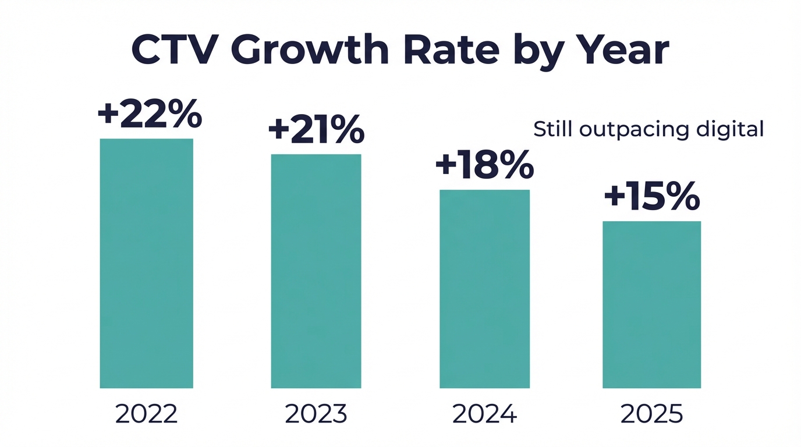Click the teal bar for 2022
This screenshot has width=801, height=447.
coord(146,263)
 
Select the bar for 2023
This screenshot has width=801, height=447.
coord(316,271)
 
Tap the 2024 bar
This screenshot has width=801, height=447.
coord(484,289)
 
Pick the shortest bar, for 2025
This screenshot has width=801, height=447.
coord(651,304)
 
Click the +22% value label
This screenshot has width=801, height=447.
coord(150,114)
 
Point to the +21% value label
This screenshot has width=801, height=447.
coord(316,130)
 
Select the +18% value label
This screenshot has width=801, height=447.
coord(484,165)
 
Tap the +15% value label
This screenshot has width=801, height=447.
coord(651,197)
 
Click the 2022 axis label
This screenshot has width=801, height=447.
coord(146,414)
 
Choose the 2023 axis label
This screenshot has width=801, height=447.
coord(316,414)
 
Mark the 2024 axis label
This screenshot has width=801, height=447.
coord(484,414)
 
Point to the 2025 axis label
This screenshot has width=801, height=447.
coord(651,414)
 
